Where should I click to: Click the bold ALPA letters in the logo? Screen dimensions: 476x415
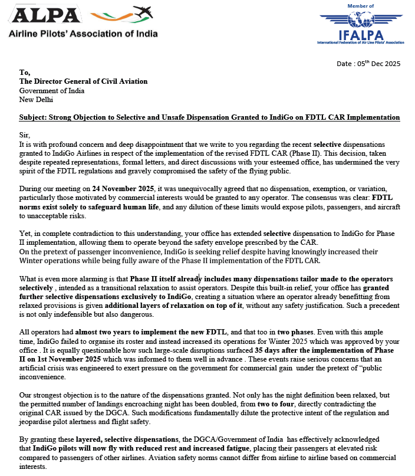(x=44, y=16)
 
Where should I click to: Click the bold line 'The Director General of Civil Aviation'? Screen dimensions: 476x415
(x=83, y=81)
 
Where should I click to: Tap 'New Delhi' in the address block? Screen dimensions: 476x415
(x=37, y=100)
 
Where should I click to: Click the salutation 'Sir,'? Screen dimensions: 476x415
(x=25, y=135)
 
